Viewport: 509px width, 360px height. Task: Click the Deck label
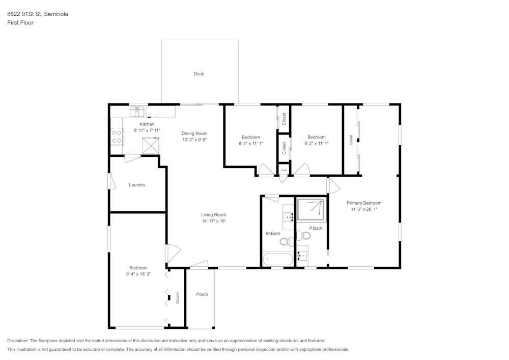point(199,74)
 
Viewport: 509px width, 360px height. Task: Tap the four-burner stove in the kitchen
point(117,136)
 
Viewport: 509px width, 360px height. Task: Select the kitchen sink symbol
point(136,110)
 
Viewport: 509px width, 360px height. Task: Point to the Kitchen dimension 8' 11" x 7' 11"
point(147,130)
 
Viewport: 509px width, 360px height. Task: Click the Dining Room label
point(194,133)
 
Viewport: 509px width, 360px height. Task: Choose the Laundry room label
point(137,185)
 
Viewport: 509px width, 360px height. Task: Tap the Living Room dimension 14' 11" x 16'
point(213,221)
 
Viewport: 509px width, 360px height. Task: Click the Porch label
point(202,294)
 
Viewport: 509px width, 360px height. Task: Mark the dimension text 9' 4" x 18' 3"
point(138,274)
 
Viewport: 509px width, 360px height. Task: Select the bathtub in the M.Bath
point(278,259)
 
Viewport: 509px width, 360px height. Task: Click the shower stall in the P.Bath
point(310,209)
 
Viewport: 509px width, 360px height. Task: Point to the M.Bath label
point(273,234)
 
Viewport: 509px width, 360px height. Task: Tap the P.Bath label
point(316,228)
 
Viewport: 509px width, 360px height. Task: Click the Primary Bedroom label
point(364,203)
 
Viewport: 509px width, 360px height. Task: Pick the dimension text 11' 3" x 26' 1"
point(364,209)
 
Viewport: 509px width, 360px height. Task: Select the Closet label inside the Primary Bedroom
point(351,140)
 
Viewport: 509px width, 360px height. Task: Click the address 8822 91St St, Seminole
point(38,14)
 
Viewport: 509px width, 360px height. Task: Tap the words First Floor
point(20,23)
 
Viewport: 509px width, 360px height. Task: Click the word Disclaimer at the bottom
point(18,341)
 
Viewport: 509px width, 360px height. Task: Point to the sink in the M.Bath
point(289,217)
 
